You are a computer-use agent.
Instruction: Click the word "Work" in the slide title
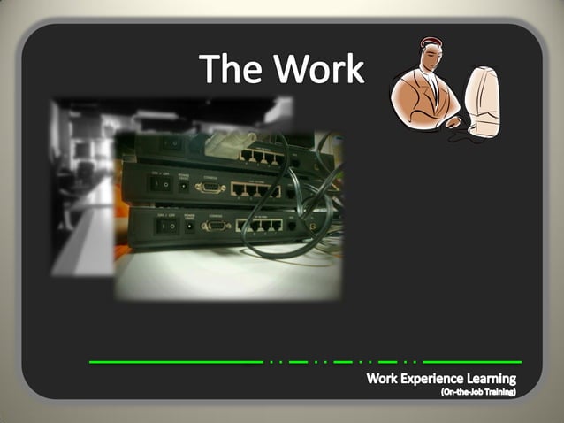click(318, 68)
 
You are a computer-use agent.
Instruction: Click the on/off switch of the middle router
click(161, 184)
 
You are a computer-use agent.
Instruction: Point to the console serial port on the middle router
click(209, 187)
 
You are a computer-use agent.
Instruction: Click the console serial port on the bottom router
click(214, 226)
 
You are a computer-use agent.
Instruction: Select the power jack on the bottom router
click(190, 226)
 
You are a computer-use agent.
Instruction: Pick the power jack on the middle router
click(184, 186)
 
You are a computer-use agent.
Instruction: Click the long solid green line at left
click(176, 362)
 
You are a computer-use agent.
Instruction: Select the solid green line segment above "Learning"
click(472, 362)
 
